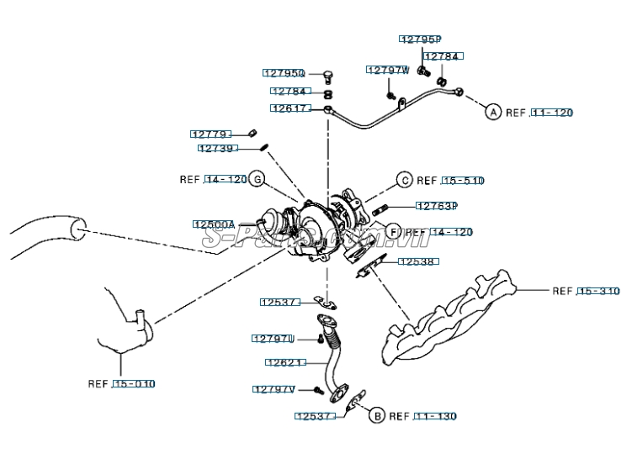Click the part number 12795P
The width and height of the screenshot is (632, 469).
pos(420,40)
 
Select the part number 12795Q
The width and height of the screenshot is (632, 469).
pos(284,74)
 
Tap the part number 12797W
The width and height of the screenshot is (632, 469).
pos(387,71)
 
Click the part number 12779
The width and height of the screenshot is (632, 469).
pos(210,134)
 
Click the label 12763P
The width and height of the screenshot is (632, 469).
pos(436,206)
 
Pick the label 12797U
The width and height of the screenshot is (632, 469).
pos(273,339)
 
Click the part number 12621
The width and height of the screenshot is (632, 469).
pos(283,363)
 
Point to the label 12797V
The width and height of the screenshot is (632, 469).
pos(274,389)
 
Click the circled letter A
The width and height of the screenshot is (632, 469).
pos(492,112)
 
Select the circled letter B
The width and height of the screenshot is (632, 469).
pos(376,416)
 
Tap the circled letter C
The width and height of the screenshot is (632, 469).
pos(404,180)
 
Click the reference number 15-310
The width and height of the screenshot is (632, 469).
pos(597,292)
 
